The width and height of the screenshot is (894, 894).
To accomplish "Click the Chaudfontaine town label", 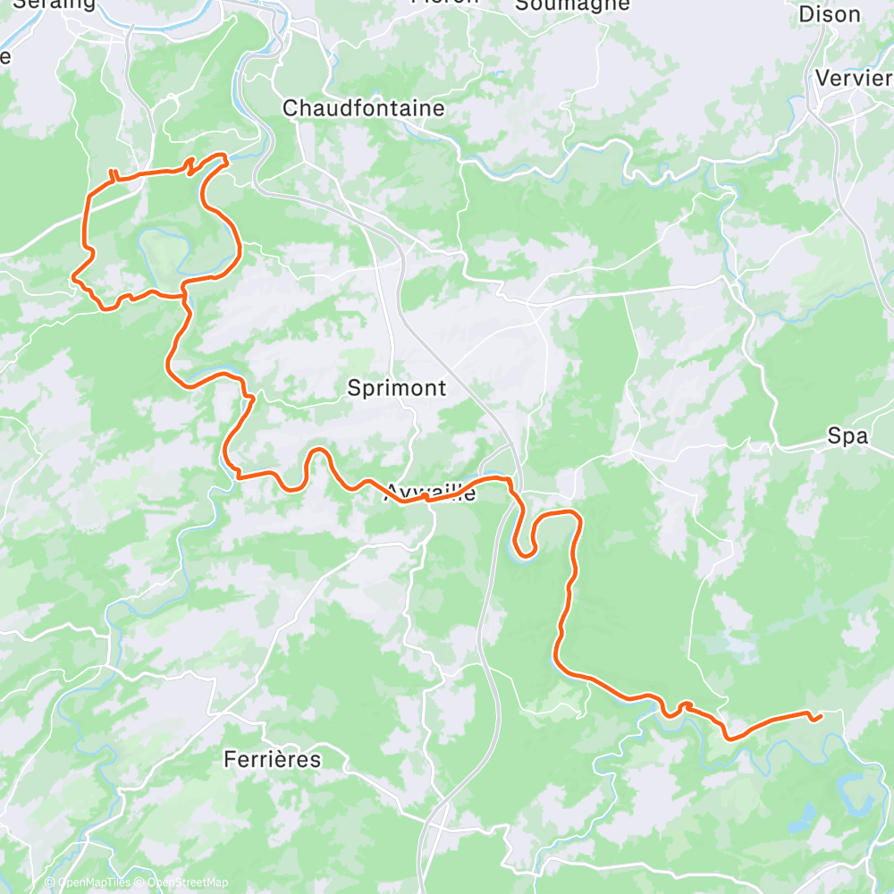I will coord(363,108).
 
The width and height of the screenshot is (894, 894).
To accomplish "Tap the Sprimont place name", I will coord(396,388).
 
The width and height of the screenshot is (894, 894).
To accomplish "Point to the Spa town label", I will coord(848,436).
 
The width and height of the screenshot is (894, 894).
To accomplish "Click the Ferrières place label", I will coord(272,760).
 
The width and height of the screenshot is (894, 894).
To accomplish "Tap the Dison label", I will coord(829,14).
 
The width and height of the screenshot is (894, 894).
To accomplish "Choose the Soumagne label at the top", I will coord(572,4).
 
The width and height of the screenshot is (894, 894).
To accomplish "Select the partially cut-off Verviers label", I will coord(853,78).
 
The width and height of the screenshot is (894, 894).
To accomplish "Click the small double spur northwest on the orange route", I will coord(114,173).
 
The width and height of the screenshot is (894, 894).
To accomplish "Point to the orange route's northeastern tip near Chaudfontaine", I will coord(225,158).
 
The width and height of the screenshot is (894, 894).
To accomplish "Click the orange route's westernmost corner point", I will coord(74,278).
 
